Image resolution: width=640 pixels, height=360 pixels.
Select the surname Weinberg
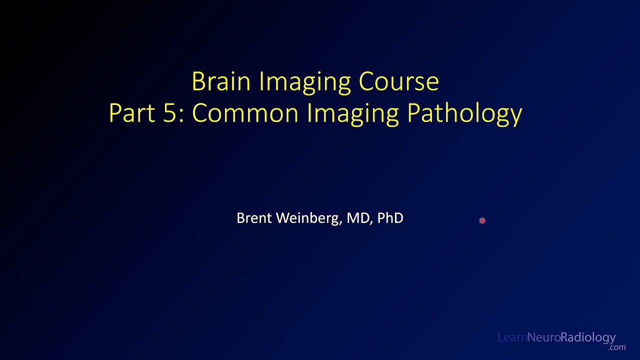[x=307, y=218]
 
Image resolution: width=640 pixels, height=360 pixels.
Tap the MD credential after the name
[x=358, y=218]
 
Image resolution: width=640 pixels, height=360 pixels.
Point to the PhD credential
[x=390, y=218]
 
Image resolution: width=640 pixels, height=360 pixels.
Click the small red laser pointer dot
[x=482, y=220]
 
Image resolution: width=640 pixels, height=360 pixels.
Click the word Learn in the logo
[x=512, y=337]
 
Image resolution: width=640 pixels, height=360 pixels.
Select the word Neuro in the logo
[x=543, y=337]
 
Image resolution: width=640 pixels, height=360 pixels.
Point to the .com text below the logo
[x=617, y=347]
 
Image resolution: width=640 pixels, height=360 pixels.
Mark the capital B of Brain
[x=198, y=81]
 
